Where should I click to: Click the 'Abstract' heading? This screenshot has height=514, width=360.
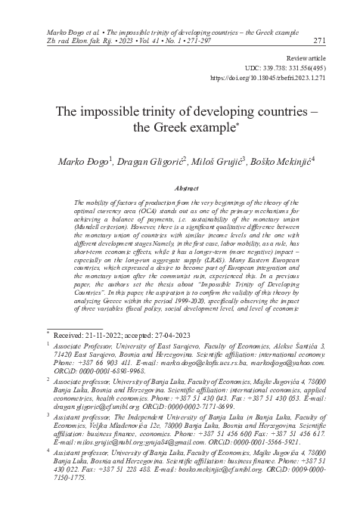(186, 187)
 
